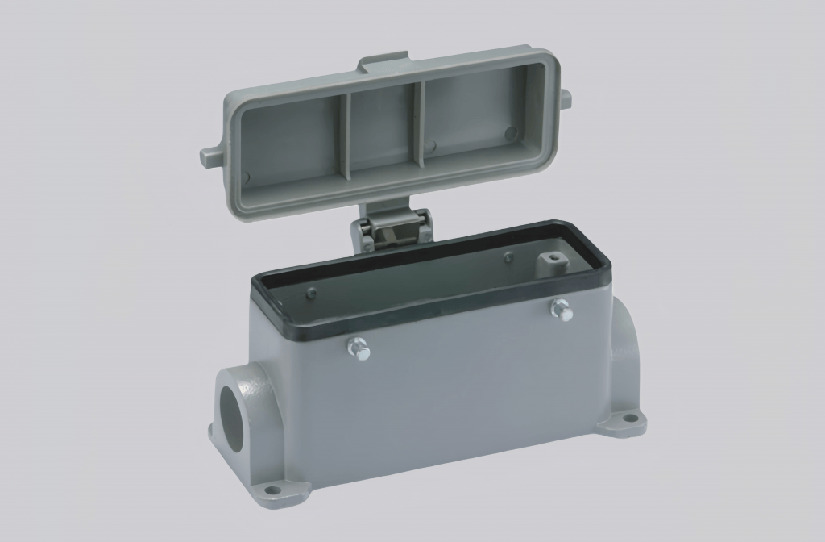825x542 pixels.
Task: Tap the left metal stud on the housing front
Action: (359, 349)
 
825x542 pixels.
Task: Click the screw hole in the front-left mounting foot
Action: (273, 490)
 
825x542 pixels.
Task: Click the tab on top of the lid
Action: (383, 64)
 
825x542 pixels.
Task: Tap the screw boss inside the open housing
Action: (552, 262)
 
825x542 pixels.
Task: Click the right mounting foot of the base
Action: (625, 422)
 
